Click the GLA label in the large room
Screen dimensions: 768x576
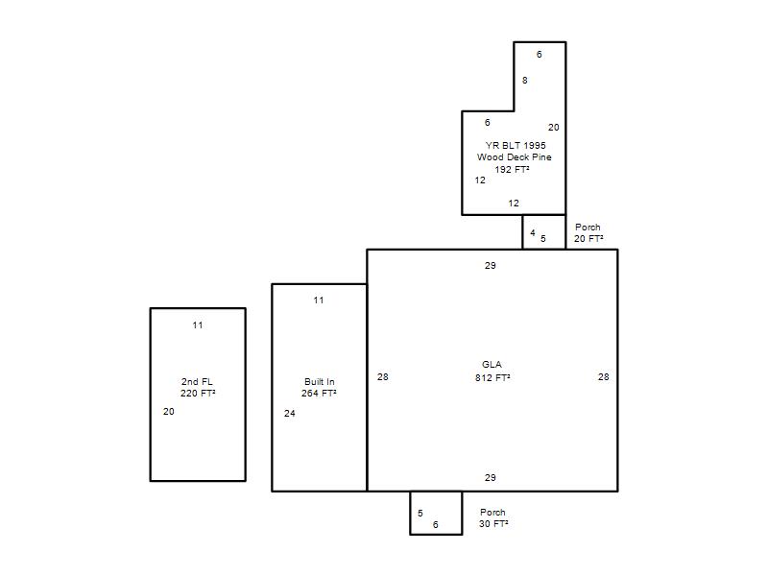(x=492, y=365)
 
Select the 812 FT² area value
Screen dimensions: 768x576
(x=492, y=377)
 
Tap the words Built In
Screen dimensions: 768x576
(x=320, y=381)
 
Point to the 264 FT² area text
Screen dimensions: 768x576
(x=319, y=393)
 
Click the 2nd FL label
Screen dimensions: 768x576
(x=197, y=381)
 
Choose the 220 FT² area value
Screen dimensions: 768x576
(x=198, y=393)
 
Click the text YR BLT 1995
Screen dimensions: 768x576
(x=516, y=146)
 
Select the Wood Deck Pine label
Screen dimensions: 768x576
(x=515, y=157)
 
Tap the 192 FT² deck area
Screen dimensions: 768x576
(x=512, y=169)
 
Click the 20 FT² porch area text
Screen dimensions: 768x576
(x=588, y=238)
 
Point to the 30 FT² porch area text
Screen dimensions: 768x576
(x=493, y=523)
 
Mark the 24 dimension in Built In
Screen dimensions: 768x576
(x=290, y=414)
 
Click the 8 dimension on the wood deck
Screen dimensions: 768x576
(x=524, y=81)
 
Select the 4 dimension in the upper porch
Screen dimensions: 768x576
(x=533, y=232)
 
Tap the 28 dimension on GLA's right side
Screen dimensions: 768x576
(x=604, y=376)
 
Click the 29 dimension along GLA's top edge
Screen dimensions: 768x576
(x=491, y=266)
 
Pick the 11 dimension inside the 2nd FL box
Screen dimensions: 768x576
(x=198, y=324)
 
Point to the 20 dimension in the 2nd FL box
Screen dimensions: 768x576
(x=169, y=412)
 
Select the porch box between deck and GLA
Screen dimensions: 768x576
(x=522, y=232)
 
